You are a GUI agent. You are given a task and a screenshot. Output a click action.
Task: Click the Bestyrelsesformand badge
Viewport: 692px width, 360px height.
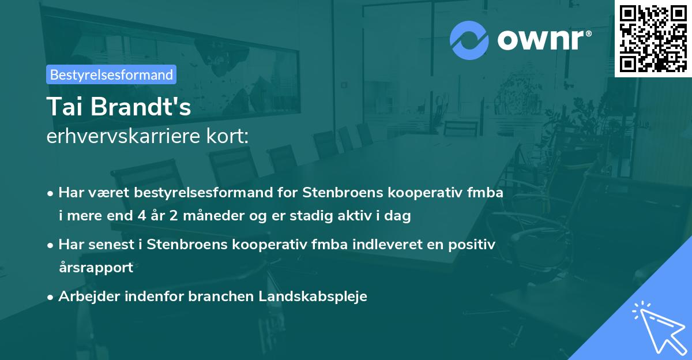112,74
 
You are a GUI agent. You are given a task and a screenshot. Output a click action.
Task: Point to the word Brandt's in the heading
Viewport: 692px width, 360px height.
142,107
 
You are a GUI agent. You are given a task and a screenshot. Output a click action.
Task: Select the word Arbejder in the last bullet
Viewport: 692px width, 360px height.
85,297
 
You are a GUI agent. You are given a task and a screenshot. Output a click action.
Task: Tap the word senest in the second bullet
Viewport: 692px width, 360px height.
111,245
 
